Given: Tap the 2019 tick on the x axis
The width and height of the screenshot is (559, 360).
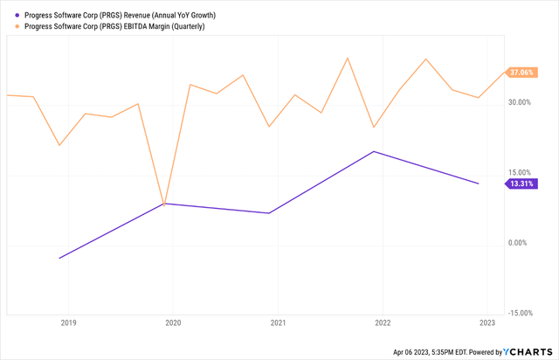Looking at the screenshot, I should (x=68, y=323).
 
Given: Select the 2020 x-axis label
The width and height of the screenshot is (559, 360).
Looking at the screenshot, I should (x=173, y=323).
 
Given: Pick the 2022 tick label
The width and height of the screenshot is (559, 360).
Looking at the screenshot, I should (x=383, y=323).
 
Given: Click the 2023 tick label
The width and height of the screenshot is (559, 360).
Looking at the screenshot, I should (x=487, y=323).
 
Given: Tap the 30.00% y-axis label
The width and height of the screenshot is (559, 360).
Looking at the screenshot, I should (x=519, y=102).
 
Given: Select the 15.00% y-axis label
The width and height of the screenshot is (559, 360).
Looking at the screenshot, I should (x=519, y=172).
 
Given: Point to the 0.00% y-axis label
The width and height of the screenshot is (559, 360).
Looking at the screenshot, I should (x=521, y=243).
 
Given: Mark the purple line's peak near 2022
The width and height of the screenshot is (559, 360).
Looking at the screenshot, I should (x=374, y=151).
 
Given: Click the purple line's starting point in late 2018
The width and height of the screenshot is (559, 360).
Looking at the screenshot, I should (x=59, y=258).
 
